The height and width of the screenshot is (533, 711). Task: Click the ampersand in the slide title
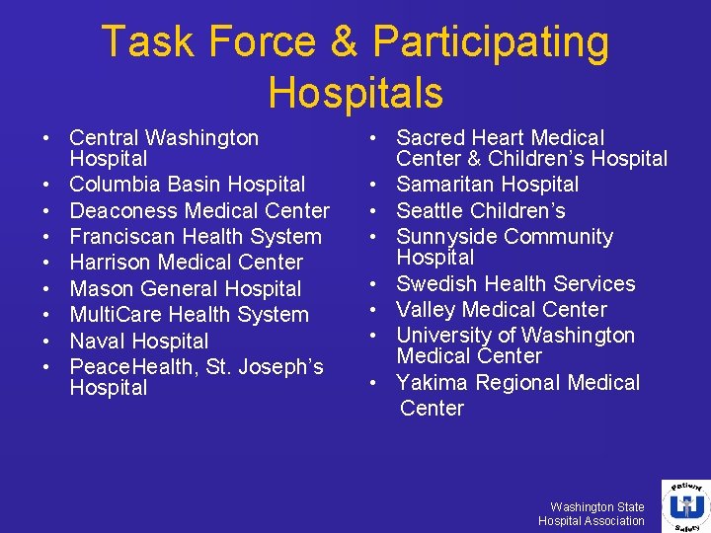point(345,42)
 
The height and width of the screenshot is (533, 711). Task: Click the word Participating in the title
point(491,42)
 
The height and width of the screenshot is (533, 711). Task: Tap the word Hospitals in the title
point(355,93)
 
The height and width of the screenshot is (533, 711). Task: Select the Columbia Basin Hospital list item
point(188,185)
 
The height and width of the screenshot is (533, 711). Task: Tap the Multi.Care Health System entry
point(189,315)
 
